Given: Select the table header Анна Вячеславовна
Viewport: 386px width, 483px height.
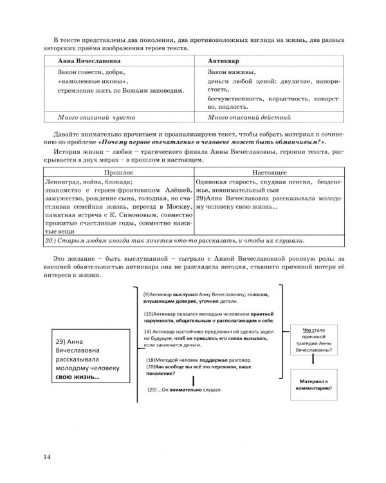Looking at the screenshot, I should tap(72, 59).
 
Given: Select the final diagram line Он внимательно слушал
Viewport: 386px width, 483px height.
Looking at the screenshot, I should tap(187, 390).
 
